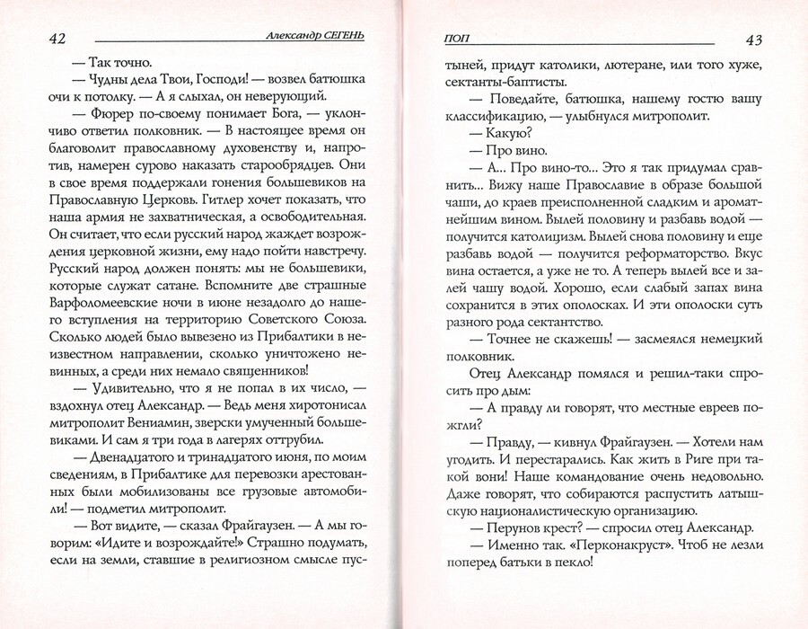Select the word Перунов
[520, 527]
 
